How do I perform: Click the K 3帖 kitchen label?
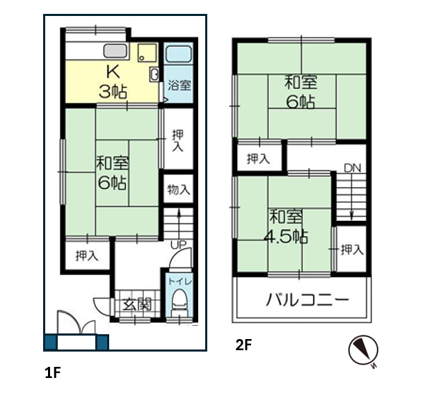pyautogui.click(x=113, y=82)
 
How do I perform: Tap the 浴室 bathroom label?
pyautogui.click(x=179, y=85)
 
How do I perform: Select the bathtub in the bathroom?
pyautogui.click(x=179, y=54)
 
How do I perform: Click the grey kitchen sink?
pyautogui.click(x=115, y=51)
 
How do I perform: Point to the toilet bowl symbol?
pyautogui.click(x=179, y=303)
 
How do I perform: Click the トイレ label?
pyautogui.click(x=179, y=281)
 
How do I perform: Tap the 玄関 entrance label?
pyautogui.click(x=137, y=304)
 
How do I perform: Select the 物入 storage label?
pyautogui.click(x=179, y=190)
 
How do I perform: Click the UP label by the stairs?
pyautogui.click(x=179, y=245)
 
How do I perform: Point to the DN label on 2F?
pyautogui.click(x=353, y=168)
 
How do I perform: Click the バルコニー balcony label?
pyautogui.click(x=307, y=299)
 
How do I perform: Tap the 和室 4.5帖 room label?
pyautogui.click(x=286, y=227)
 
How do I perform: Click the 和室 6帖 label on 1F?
pyautogui.click(x=113, y=173)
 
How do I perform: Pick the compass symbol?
pyautogui.click(x=363, y=351)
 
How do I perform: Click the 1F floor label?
pyautogui.click(x=53, y=372)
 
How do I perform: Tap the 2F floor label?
pyautogui.click(x=243, y=345)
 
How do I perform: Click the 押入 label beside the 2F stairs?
pyautogui.click(x=352, y=249)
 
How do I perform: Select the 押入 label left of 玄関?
pyautogui.click(x=87, y=256)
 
